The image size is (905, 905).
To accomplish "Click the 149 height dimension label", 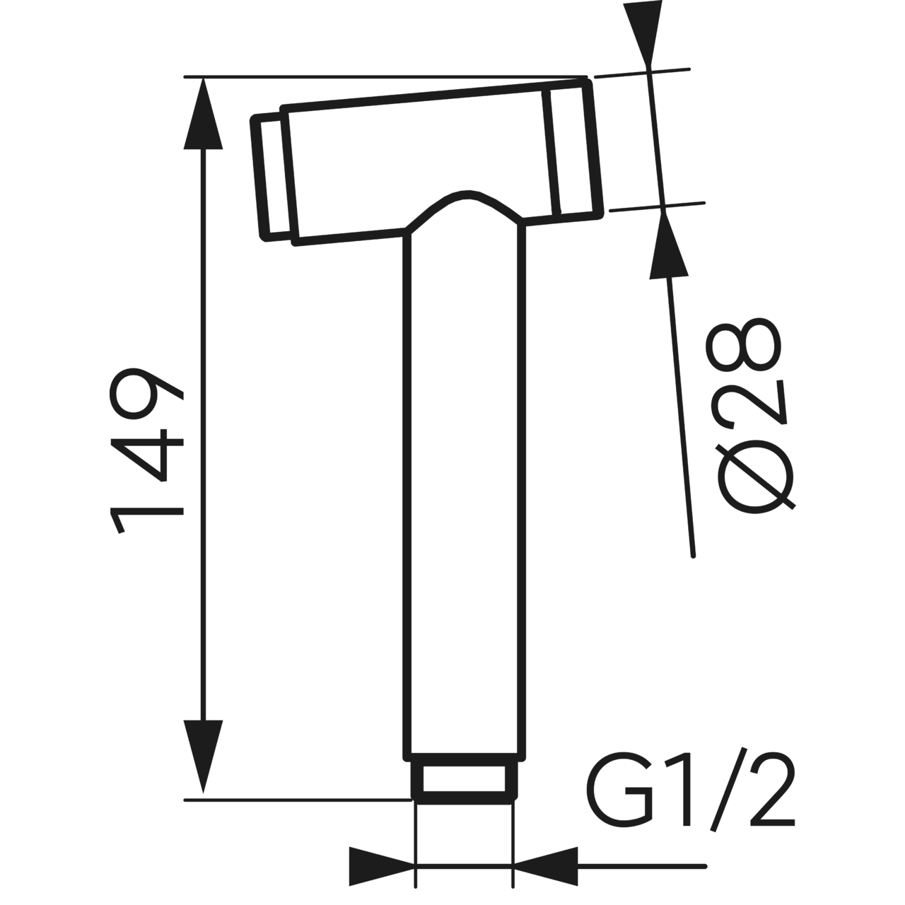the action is (x=146, y=450).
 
